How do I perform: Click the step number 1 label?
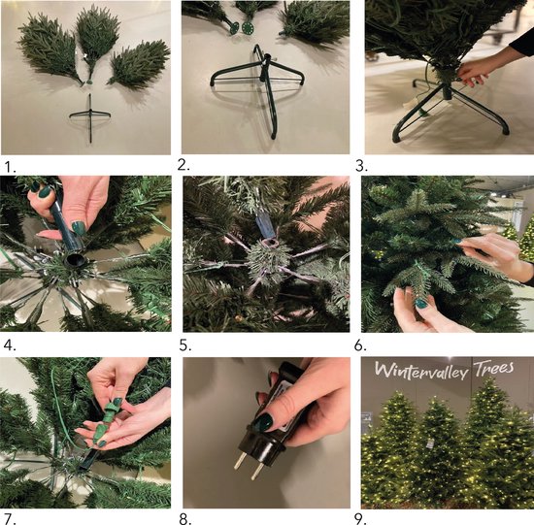coord(10,167)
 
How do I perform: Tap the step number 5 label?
coord(185,345)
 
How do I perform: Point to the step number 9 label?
coord(360,518)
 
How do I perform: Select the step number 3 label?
coord(361,166)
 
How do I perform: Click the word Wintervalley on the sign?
coord(420,371)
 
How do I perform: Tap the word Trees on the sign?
coord(494,368)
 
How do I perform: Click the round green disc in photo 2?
coord(247,27)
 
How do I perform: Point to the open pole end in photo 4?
coord(75,260)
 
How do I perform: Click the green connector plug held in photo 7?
coord(104,419)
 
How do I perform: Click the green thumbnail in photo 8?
coord(263,422)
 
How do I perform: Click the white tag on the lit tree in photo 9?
coord(430,443)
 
